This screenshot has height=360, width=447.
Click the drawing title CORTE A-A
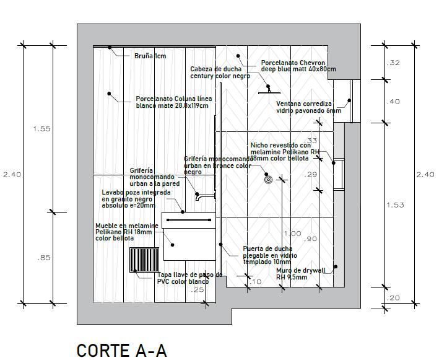click(121, 350)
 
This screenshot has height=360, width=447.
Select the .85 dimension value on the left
click(43, 258)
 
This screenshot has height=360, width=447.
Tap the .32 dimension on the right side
click(393, 63)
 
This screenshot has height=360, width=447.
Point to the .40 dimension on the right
click(393, 102)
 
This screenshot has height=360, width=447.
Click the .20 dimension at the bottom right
click(393, 297)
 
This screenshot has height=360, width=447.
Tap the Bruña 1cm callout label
click(150, 56)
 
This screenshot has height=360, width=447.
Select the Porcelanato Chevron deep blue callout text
click(298, 66)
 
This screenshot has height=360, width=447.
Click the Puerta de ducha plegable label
click(270, 255)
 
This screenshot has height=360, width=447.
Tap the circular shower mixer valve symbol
click(268, 180)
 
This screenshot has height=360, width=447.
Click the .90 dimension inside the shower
click(311, 239)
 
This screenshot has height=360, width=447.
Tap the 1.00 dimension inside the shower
click(292, 234)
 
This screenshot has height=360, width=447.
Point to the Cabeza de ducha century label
click(220, 72)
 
